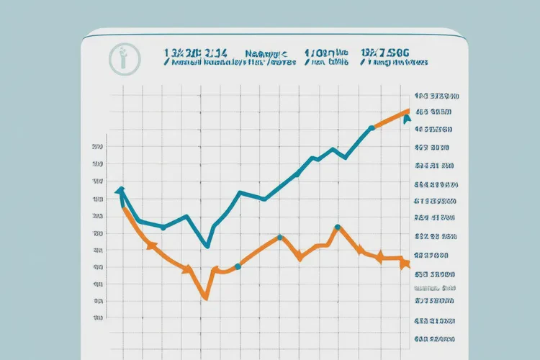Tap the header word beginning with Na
pyautogui.click(x=266, y=53)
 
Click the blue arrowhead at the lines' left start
pyautogui.click(x=120, y=191)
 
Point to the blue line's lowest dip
pyautogui.click(x=207, y=247)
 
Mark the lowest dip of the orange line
pyautogui.click(x=205, y=297)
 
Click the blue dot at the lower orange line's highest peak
pyautogui.click(x=337, y=228)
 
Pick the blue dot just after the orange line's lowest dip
pyautogui.click(x=238, y=266)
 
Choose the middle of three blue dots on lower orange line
pyautogui.click(x=280, y=237)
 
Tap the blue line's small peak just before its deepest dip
pyautogui.click(x=186, y=215)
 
